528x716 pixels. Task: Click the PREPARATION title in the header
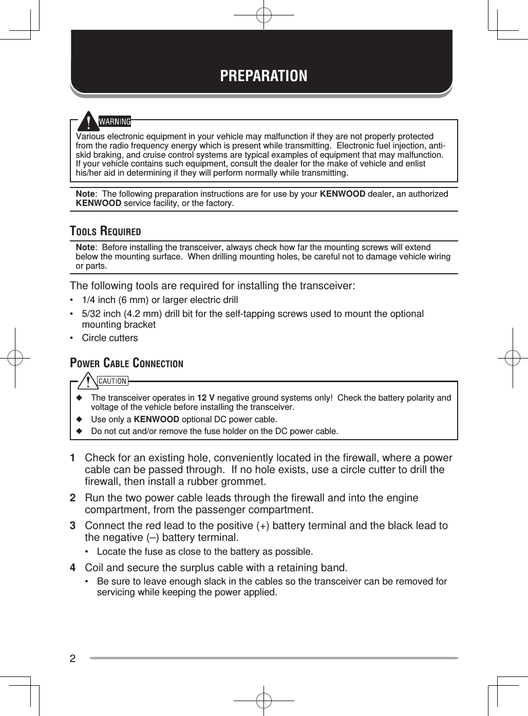click(x=263, y=76)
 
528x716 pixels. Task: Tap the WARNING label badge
click(x=115, y=122)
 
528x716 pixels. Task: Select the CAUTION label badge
click(x=112, y=381)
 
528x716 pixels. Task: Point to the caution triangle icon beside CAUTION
click(x=89, y=382)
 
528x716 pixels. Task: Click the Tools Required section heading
click(x=105, y=231)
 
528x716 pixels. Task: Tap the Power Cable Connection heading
click(x=126, y=363)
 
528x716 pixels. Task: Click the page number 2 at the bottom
click(x=72, y=658)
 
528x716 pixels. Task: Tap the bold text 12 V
click(x=206, y=398)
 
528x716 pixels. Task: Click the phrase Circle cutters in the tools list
click(x=110, y=338)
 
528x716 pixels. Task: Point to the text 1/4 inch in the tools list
click(x=99, y=300)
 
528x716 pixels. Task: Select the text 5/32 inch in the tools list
click(x=101, y=314)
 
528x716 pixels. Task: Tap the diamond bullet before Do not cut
click(x=79, y=431)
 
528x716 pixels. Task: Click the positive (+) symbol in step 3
click(x=264, y=526)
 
